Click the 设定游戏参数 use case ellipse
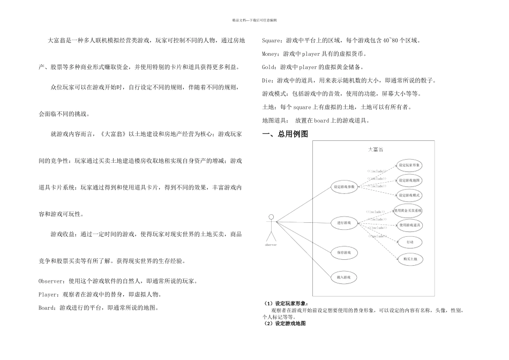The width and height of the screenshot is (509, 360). point(344,187)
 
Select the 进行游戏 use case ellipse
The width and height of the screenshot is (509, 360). point(344,222)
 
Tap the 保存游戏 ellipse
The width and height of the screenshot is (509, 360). point(344,252)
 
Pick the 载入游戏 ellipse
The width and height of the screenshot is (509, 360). point(344,277)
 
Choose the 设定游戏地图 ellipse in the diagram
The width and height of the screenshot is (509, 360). point(409,180)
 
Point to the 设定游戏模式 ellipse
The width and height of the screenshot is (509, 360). point(409,196)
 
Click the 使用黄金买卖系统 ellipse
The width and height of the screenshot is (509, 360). point(409,210)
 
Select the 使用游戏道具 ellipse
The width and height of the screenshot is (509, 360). point(409,226)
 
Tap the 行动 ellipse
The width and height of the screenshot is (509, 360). point(409,242)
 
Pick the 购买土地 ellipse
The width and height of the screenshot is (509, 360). point(409,258)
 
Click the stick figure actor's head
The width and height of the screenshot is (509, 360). point(271,217)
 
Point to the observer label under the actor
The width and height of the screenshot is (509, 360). point(271,245)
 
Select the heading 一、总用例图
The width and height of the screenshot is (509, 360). point(285,134)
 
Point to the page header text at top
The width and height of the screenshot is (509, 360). point(254,20)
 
